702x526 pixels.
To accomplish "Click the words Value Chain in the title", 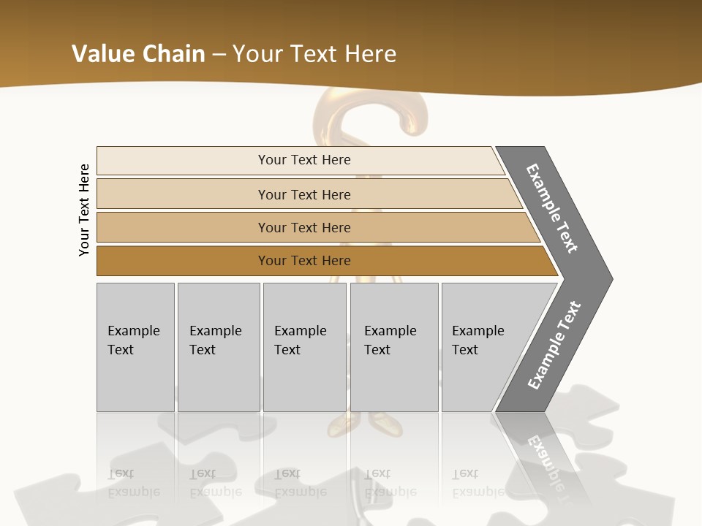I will click(138, 53).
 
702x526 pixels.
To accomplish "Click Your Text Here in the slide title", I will click(314, 53).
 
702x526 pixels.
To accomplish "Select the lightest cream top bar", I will click(183, 160).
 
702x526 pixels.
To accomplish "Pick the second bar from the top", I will click(183, 194).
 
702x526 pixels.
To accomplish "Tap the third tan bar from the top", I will click(183, 227).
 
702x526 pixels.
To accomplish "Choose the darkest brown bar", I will click(183, 261).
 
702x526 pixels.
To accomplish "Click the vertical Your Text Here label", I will click(84, 210).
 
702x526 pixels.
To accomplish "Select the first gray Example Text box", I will click(135, 347).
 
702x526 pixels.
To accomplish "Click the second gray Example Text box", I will click(218, 347).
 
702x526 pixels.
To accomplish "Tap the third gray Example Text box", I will click(303, 347).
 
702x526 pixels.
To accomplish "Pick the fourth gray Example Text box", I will click(393, 347).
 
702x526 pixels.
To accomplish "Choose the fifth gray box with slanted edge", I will click(483, 347).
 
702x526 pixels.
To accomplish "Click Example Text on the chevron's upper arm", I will click(552, 208).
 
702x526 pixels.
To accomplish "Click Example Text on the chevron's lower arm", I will click(554, 345).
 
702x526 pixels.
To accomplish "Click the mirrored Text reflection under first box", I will click(121, 473).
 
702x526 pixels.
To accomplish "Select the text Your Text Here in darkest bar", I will click(304, 261).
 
